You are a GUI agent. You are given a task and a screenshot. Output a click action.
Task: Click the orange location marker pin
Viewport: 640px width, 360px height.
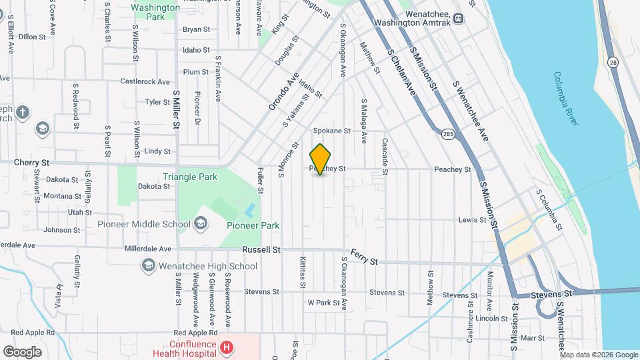(321, 159)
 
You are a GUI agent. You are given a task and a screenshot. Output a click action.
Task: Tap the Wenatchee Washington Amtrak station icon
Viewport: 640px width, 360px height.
(458, 19)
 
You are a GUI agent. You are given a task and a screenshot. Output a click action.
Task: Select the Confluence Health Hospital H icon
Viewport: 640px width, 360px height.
(227, 347)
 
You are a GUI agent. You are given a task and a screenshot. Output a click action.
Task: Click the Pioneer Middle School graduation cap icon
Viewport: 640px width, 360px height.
(199, 224)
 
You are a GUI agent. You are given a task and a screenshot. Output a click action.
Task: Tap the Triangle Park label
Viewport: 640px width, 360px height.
(189, 177)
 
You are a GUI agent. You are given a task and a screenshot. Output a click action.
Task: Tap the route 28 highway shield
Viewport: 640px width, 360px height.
(612, 62)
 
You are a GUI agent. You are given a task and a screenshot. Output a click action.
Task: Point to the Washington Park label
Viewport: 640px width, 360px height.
(155, 12)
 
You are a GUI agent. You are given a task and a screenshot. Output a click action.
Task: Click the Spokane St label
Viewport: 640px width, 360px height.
(331, 131)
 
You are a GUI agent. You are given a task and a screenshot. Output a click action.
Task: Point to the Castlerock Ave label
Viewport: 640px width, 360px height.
(145, 81)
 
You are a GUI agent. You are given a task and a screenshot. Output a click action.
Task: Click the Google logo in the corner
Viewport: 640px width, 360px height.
(23, 351)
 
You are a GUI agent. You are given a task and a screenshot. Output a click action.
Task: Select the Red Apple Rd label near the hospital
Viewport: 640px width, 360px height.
(195, 332)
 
